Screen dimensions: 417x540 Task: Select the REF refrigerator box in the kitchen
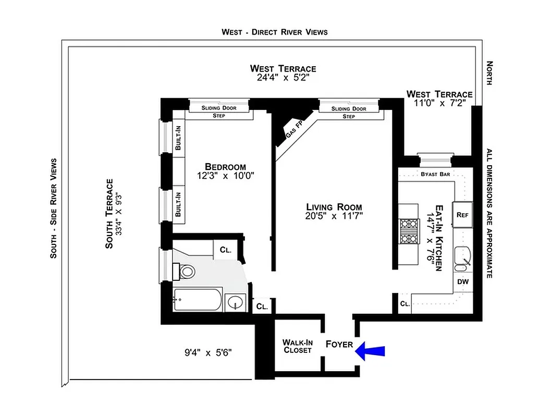click(462, 215)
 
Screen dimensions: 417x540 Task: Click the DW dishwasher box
click(462, 281)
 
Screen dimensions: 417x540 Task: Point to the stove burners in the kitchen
click(409, 231)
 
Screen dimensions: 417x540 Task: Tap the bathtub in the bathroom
click(198, 300)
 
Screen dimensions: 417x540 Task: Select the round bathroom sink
click(237, 302)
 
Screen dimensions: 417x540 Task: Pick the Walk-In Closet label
click(298, 346)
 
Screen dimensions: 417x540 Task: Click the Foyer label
click(339, 345)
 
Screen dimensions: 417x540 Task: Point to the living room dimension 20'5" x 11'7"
click(334, 215)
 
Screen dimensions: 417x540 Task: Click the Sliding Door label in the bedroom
click(219, 108)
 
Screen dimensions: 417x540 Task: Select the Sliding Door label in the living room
click(349, 109)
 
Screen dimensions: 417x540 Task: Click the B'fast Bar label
click(436, 174)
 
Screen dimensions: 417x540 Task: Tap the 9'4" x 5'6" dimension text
click(207, 353)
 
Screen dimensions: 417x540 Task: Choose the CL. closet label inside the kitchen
click(405, 304)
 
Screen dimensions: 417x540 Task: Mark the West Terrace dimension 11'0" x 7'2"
click(439, 103)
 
